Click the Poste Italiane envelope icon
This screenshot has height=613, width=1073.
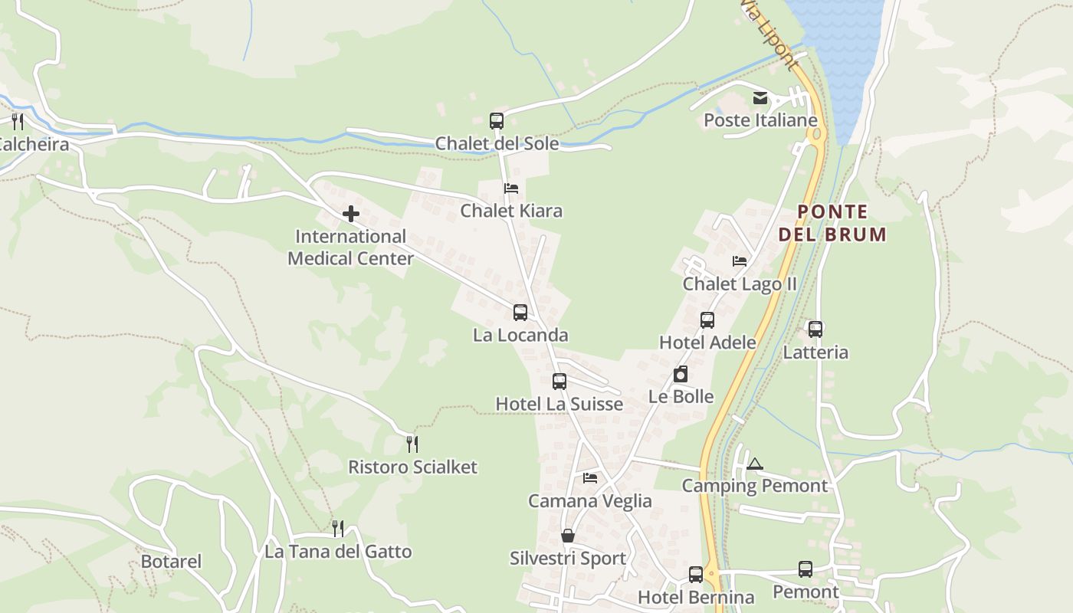[x=760, y=98]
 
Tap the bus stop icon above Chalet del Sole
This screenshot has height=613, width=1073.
[x=497, y=120]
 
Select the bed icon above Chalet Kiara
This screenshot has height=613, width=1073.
[x=511, y=188]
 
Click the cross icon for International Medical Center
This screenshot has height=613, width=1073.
[x=351, y=214]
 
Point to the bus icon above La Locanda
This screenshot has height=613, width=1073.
[x=520, y=313]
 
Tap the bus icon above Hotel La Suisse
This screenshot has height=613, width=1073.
[x=559, y=382]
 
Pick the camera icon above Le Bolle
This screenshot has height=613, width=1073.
[x=681, y=374]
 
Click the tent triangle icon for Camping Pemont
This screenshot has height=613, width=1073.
[x=755, y=464]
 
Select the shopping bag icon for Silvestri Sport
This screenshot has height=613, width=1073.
[x=568, y=536]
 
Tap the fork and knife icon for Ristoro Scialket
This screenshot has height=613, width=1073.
[x=412, y=444]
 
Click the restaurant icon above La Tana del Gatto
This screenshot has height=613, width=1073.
[x=338, y=528]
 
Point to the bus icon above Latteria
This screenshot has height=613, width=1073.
[x=815, y=329]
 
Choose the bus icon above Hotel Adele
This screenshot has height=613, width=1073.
[x=707, y=320]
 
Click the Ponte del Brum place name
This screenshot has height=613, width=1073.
[x=832, y=223]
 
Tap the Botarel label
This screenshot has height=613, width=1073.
[x=171, y=562]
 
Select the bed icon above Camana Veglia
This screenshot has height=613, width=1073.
[x=590, y=478]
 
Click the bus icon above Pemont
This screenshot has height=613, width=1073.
[x=806, y=569]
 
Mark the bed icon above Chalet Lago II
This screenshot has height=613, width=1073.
[x=740, y=261]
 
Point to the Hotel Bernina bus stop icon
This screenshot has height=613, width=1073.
[x=696, y=574]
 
